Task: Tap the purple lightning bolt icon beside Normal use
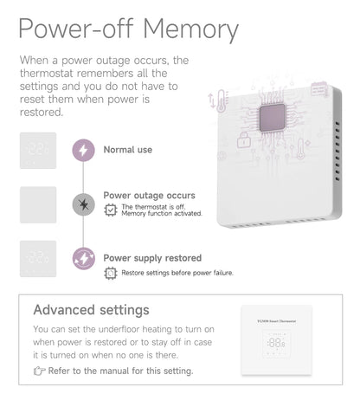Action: tap(83, 150)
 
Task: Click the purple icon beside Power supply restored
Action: tap(83, 259)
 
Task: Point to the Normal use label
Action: tap(127, 150)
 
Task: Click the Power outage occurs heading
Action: tap(149, 196)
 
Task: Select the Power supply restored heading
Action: tap(152, 257)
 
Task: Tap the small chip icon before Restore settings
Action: tap(110, 273)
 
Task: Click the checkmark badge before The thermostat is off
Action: tap(110, 210)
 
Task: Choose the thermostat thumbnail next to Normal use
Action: tap(38, 150)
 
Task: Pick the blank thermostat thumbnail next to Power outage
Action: tap(38, 204)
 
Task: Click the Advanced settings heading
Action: tap(91, 310)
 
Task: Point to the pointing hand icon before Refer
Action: tap(39, 371)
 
